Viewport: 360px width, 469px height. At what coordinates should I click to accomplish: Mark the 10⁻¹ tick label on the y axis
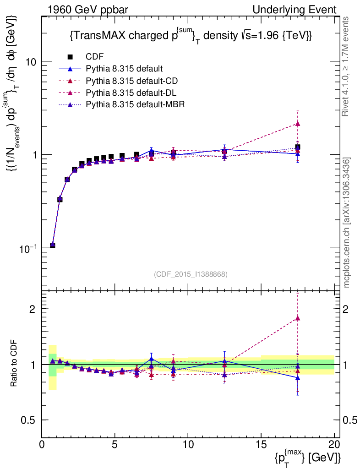(28, 248)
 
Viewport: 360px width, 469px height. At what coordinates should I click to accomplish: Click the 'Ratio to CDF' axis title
(13, 364)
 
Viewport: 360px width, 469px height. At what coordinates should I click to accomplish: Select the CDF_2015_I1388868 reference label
(191, 274)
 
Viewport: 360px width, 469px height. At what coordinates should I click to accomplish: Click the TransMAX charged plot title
(191, 36)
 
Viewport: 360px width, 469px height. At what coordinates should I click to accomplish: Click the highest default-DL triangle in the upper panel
(298, 123)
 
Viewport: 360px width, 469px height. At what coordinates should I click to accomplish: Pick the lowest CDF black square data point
(53, 245)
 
